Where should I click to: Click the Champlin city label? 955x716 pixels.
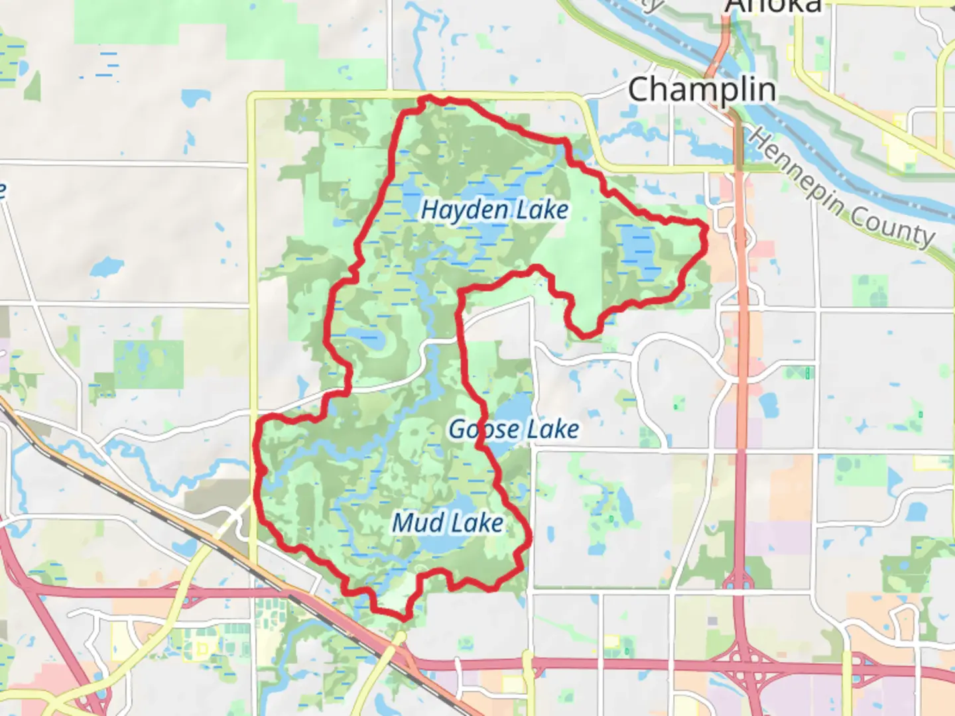pyautogui.click(x=702, y=89)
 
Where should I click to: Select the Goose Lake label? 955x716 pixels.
pyautogui.click(x=513, y=430)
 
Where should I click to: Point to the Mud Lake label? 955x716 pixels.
pyautogui.click(x=448, y=523)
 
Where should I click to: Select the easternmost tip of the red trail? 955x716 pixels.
pyautogui.click(x=707, y=229)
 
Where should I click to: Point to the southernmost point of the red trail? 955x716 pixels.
pyautogui.click(x=403, y=619)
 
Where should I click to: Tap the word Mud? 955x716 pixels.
pyautogui.click(x=418, y=523)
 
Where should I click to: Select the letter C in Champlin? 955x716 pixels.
pyautogui.click(x=639, y=89)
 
